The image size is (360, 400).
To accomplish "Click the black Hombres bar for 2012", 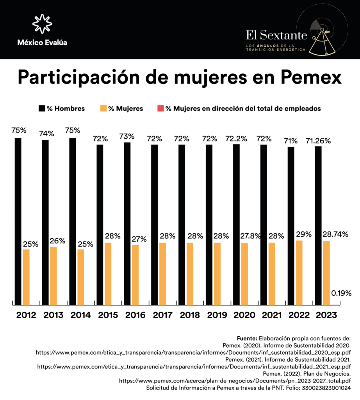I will click(x=18, y=221).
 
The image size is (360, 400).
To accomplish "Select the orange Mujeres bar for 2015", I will click(x=108, y=273).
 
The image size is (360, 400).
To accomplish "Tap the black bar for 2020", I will click(x=236, y=224).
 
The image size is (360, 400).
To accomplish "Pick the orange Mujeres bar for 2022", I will click(x=299, y=272).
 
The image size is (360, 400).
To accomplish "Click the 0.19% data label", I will click(x=341, y=293).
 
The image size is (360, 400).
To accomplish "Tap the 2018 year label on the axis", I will click(x=190, y=315).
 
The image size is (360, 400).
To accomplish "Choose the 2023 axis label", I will click(x=326, y=315).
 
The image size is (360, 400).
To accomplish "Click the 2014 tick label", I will click(x=81, y=315).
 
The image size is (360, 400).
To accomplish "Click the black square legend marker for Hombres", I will click(x=41, y=108).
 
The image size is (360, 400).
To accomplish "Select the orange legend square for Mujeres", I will click(x=103, y=108).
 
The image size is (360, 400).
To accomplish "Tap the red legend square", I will click(x=160, y=108).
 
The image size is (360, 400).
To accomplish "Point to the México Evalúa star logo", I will click(x=42, y=24).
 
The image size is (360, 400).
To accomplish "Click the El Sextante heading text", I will click(x=276, y=35).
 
